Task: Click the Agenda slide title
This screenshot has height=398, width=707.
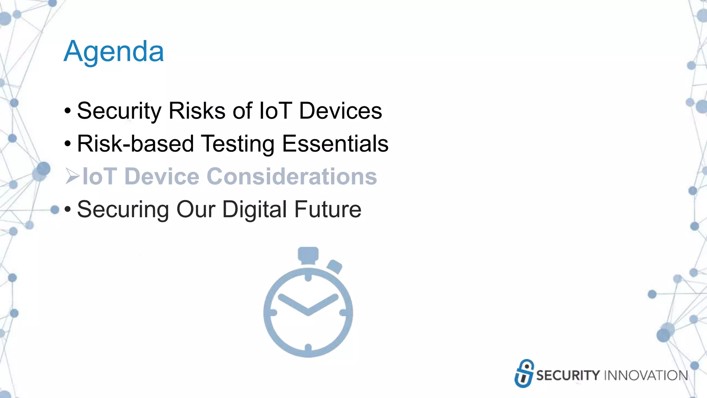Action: click(x=114, y=51)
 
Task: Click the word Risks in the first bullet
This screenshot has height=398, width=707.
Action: click(x=197, y=111)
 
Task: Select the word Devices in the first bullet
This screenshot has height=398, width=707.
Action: click(x=340, y=111)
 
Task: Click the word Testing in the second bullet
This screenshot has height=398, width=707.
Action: click(x=238, y=144)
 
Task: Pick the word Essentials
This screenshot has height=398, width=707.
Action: click(x=335, y=144)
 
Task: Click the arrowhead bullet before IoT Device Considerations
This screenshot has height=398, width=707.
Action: click(x=72, y=176)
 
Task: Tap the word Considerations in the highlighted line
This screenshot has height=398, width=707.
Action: click(x=292, y=177)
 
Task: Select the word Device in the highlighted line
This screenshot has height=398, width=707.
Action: click(x=162, y=177)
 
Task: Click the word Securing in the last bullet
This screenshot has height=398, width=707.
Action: click(x=123, y=209)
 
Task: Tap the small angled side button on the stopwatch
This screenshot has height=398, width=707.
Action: click(x=334, y=267)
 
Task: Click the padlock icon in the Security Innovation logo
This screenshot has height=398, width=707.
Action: click(x=524, y=373)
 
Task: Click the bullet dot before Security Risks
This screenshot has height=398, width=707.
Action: click(x=68, y=111)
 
